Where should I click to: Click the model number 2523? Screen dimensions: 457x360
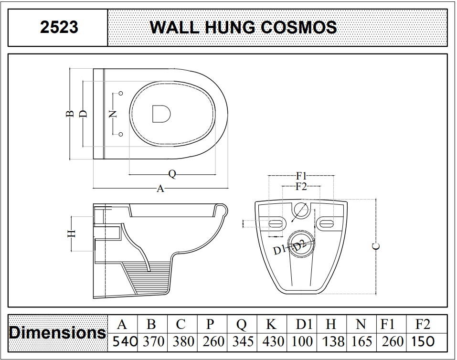click(59, 27)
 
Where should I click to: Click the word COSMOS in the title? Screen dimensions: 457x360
click(299, 27)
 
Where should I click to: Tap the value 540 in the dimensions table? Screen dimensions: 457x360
click(125, 341)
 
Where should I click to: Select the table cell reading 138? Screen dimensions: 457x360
click(333, 341)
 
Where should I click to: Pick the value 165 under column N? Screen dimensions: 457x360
click(361, 341)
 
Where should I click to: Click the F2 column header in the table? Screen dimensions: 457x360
click(423, 324)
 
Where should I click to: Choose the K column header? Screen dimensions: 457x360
click(271, 324)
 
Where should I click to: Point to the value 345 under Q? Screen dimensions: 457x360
click(243, 341)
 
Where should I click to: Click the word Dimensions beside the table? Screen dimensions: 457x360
click(57, 333)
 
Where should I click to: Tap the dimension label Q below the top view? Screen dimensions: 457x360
click(172, 174)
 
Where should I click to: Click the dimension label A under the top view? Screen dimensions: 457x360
click(160, 189)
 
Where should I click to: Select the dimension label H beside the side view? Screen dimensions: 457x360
click(72, 233)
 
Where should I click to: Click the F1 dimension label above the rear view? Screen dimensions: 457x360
click(301, 176)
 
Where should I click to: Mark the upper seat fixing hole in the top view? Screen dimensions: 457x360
click(121, 94)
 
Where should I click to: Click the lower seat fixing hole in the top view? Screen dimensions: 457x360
click(121, 134)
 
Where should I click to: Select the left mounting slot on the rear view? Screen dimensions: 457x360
click(275, 223)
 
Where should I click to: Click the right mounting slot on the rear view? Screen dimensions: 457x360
click(327, 223)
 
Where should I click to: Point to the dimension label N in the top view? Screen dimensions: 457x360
click(113, 114)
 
